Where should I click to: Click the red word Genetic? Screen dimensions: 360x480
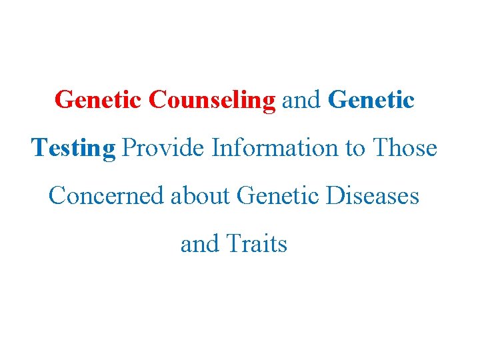point(99,100)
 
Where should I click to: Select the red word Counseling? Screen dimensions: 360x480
point(212,100)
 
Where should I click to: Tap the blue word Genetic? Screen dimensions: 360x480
point(372,100)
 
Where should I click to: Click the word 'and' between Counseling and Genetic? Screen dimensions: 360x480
point(302,100)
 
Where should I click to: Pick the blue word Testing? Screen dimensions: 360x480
point(73,148)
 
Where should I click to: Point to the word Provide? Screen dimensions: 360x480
point(163,148)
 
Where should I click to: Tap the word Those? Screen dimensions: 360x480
point(405,148)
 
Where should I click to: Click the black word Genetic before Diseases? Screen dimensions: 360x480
point(277,196)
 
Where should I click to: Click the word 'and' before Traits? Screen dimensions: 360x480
point(199,244)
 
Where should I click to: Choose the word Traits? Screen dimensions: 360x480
point(256,244)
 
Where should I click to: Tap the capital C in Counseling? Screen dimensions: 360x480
point(157,100)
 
